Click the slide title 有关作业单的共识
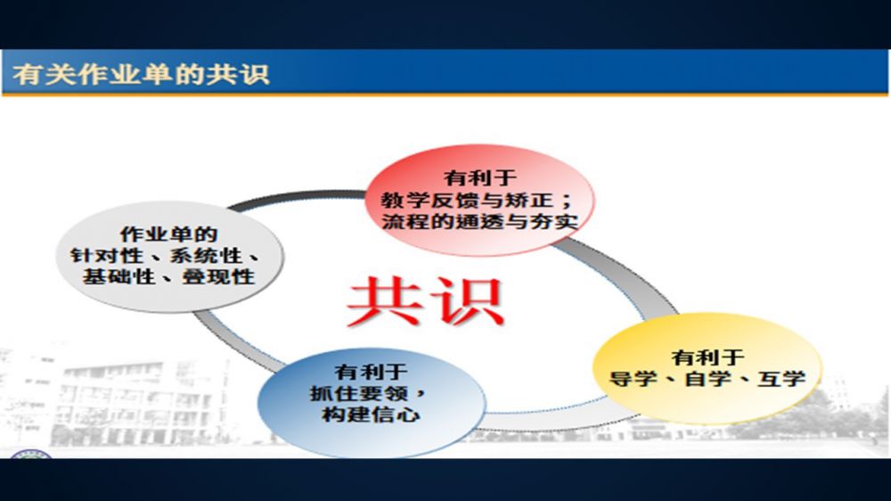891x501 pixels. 141,75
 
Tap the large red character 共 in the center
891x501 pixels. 382,301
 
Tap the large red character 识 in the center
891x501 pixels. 467,301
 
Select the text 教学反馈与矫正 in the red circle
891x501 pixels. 467,201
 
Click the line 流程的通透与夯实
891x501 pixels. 480,221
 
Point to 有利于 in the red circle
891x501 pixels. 480,178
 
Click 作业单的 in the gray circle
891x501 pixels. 168,234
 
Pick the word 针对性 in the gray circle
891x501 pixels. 106,255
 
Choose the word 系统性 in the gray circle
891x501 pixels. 207,255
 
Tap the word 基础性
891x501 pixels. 119,277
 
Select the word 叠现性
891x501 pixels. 218,277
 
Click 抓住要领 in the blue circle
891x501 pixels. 358,393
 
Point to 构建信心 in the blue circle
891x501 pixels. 371,415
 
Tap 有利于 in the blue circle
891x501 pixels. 371,372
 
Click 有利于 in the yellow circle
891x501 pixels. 708,357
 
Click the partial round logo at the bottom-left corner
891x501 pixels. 32,454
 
